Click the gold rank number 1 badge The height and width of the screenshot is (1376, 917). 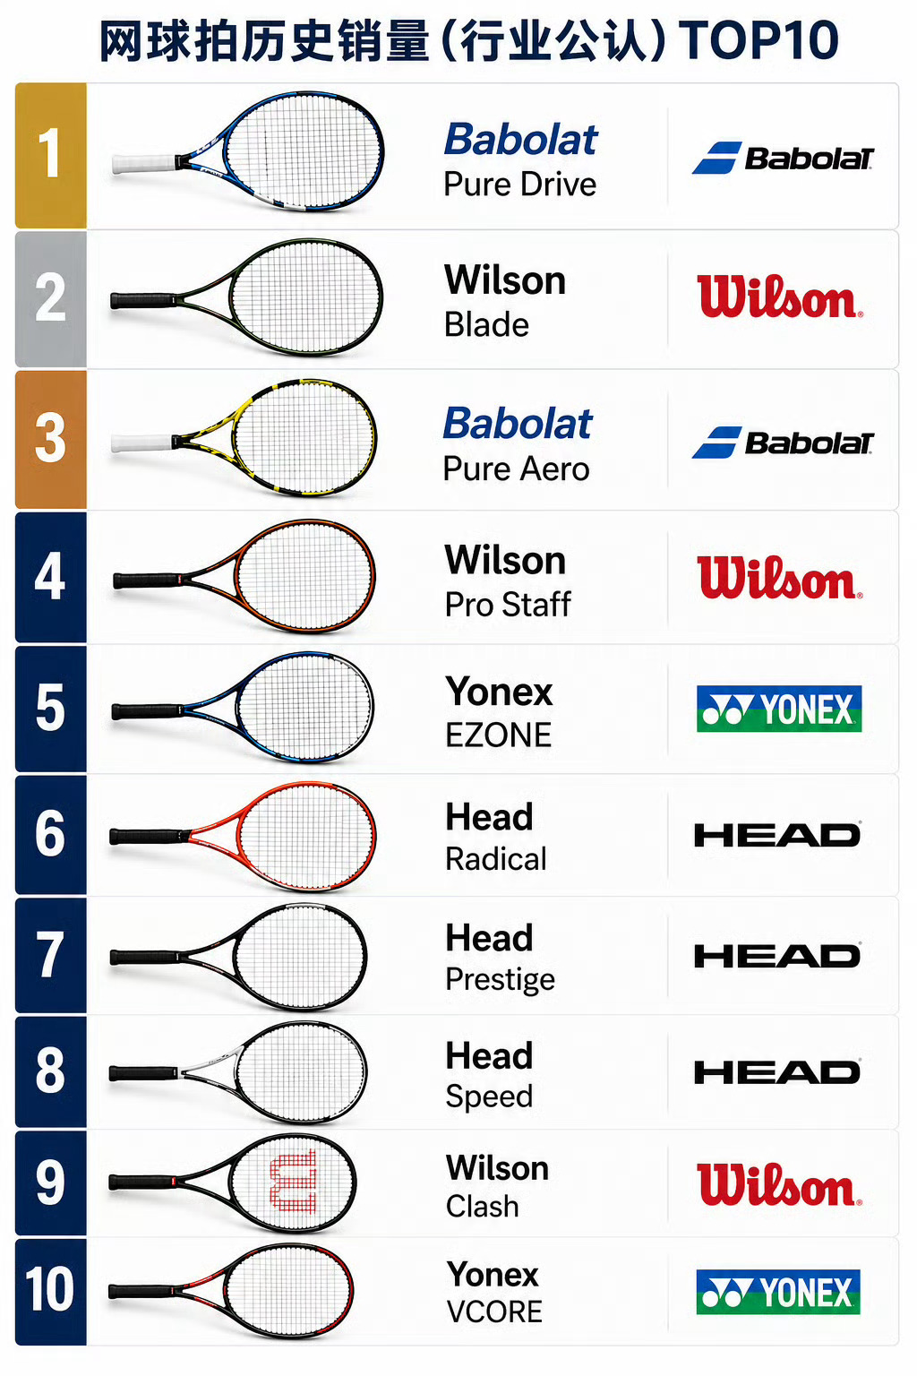pyautogui.click(x=51, y=155)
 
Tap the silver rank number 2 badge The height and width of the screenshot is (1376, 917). pyautogui.click(x=51, y=299)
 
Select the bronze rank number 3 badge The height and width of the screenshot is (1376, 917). pyautogui.click(x=51, y=439)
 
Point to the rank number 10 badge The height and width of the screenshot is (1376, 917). pyautogui.click(x=51, y=1291)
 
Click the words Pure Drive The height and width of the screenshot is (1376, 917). pyautogui.click(x=519, y=185)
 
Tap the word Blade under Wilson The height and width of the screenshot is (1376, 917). pyautogui.click(x=486, y=324)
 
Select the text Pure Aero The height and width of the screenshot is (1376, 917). pyautogui.click(x=516, y=469)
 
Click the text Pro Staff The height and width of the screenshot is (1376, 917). pyautogui.click(x=508, y=605)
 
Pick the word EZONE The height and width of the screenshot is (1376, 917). pyautogui.click(x=498, y=735)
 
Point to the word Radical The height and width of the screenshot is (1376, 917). pyautogui.click(x=495, y=859)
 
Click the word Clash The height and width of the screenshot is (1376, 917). pyautogui.click(x=482, y=1207)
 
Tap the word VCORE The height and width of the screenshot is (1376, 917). pyautogui.click(x=494, y=1312)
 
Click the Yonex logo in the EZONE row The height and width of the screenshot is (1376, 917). pyautogui.click(x=779, y=709)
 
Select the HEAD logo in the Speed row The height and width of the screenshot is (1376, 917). pyautogui.click(x=777, y=1072)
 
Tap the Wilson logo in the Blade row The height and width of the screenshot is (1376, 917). pyautogui.click(x=780, y=297)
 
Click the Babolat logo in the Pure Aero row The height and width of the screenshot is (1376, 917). pyautogui.click(x=783, y=443)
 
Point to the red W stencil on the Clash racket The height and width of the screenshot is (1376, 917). pyautogui.click(x=294, y=1182)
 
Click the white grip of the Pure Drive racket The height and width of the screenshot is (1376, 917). pyautogui.click(x=143, y=164)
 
